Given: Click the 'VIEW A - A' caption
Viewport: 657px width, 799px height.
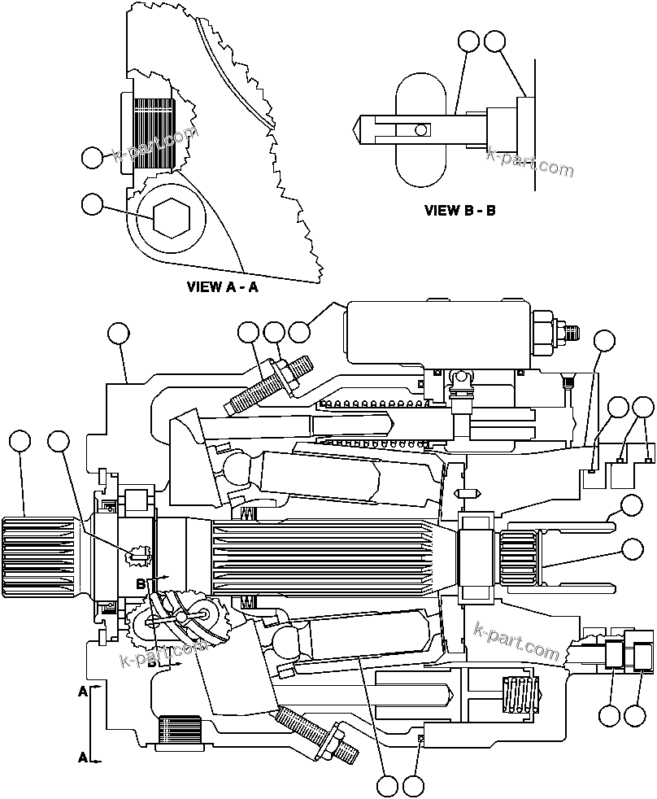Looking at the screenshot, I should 222,286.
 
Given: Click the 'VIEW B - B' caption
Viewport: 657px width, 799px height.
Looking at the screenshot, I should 459,210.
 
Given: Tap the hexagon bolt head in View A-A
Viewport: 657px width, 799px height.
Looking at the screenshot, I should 172,217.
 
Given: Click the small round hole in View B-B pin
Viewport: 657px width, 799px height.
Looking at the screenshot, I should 419,129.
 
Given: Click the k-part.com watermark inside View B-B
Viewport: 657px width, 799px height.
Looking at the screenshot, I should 529,162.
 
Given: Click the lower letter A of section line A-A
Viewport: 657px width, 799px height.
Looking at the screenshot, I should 83,757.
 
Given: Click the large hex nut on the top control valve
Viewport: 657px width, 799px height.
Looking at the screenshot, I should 541,330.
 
